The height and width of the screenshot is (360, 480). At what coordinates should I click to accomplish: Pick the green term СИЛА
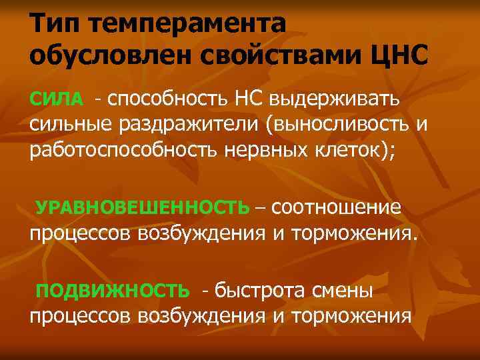click(x=57, y=100)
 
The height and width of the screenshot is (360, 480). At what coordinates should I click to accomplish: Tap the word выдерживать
click(x=337, y=99)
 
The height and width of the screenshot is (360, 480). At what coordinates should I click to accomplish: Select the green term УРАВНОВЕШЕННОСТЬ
click(x=142, y=208)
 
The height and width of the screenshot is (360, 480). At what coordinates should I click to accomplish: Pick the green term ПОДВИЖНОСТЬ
click(x=113, y=291)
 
